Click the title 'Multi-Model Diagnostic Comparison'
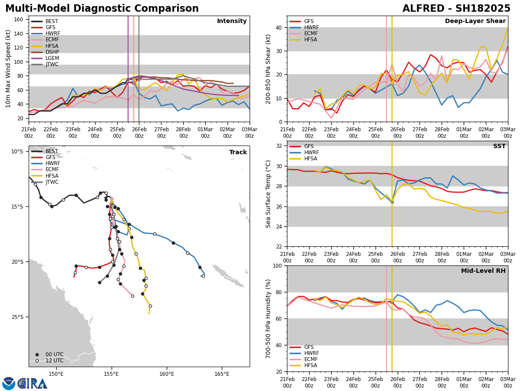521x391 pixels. click(102, 9)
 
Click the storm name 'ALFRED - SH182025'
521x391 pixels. click(456, 9)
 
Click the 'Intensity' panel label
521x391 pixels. click(231, 21)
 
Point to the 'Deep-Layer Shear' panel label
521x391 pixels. click(475, 21)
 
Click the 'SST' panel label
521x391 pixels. click(499, 146)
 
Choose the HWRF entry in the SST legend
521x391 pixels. click(312, 152)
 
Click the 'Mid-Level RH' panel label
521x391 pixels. click(483, 271)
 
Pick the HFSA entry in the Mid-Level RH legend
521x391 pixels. click(312, 365)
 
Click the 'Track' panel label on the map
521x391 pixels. click(238, 152)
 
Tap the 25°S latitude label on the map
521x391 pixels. click(17, 317)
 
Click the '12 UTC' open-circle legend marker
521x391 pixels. click(37, 361)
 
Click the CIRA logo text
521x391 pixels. click(33, 383)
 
